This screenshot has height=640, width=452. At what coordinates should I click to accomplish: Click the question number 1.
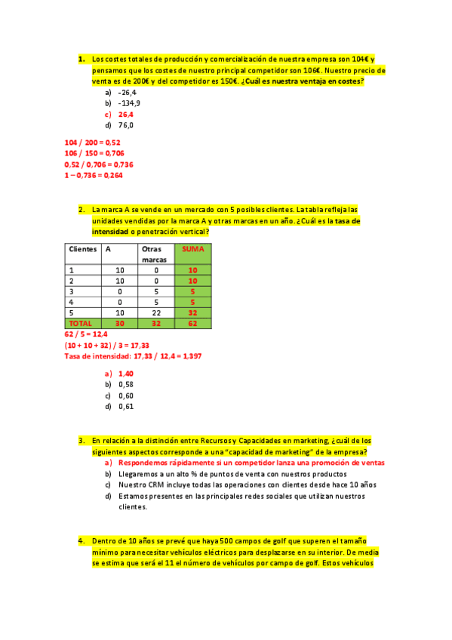(81, 58)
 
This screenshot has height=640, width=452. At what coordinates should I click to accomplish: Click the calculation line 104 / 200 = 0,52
(93, 142)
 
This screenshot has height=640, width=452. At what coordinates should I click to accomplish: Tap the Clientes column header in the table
(83, 248)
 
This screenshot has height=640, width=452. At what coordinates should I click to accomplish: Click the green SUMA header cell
(193, 248)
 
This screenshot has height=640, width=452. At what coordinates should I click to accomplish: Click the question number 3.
(81, 440)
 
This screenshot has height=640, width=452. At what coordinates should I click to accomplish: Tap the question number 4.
(81, 541)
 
